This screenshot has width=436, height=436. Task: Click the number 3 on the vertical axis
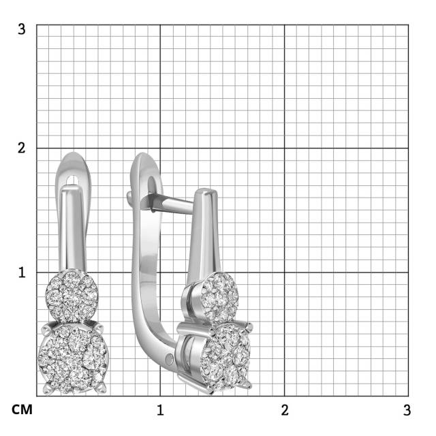click(x=22, y=30)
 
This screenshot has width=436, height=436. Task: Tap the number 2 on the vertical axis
click(x=22, y=148)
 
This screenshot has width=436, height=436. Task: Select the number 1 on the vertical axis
click(x=22, y=272)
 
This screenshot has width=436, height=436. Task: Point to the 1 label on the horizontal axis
click(x=160, y=410)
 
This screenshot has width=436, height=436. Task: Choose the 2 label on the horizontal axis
click(x=284, y=410)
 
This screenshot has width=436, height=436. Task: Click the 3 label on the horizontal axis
click(x=407, y=410)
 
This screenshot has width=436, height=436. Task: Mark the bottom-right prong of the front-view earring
click(x=102, y=389)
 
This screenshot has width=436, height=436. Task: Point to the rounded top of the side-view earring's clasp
click(x=143, y=162)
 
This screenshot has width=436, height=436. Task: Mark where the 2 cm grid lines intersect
click(x=284, y=148)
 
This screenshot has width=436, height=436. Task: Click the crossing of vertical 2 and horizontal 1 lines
click(x=284, y=272)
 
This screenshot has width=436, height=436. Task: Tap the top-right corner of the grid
click(x=408, y=25)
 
